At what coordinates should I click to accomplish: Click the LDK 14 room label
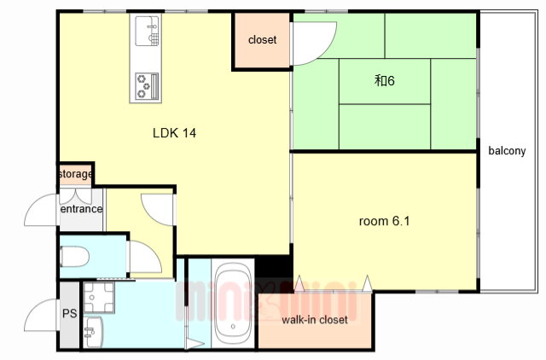[174, 133]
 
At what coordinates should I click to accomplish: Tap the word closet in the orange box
[262, 40]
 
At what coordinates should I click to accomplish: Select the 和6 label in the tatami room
[385, 81]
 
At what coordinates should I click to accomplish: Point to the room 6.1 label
[384, 221]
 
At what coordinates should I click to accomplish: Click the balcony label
[507, 151]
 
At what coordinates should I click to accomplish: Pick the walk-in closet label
[315, 320]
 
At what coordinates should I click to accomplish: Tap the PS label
[70, 314]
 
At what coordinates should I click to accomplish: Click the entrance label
[81, 209]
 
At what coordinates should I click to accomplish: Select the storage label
[76, 174]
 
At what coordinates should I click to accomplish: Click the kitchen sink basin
[147, 31]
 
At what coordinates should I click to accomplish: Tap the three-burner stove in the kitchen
[147, 85]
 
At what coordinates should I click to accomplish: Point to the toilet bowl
[74, 256]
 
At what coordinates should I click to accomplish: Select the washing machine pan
[99, 297]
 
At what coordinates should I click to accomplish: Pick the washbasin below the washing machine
[93, 332]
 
